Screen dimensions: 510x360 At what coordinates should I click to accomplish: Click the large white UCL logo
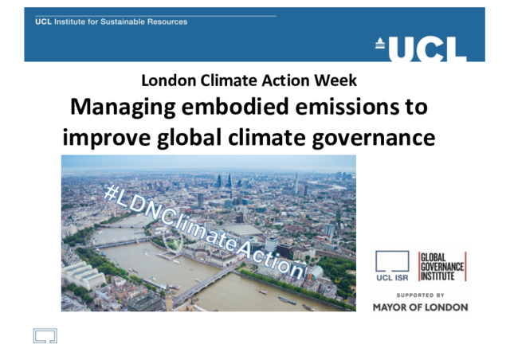427,49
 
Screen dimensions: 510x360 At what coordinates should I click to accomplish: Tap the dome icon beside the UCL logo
380,43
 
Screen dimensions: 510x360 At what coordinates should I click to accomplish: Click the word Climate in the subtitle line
229,80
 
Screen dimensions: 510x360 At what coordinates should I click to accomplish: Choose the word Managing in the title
123,108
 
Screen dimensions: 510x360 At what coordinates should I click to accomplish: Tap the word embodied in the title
235,107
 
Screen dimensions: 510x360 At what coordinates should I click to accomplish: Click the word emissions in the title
347,107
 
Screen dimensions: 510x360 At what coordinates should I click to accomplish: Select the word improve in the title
106,139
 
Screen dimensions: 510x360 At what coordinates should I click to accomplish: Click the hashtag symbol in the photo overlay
112,193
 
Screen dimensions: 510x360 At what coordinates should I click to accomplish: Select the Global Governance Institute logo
442,266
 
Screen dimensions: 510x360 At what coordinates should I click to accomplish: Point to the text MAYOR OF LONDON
420,307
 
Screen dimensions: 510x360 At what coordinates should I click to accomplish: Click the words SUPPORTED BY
420,295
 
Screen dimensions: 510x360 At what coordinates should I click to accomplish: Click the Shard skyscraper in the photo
296,184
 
